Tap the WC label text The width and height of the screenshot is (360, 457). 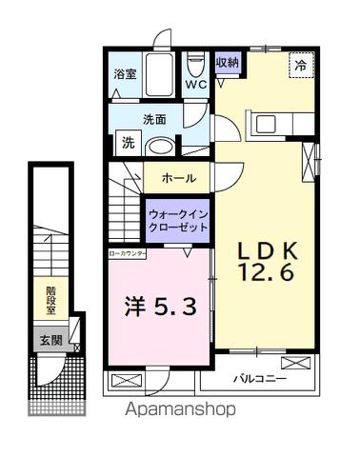196,84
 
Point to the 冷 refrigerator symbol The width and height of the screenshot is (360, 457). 300,67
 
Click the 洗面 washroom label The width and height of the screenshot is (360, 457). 155,120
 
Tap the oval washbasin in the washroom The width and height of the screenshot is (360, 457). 162,147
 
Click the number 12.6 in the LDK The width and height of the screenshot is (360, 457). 267,271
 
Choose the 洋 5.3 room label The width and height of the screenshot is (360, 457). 159,307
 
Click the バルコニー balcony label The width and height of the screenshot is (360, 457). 261,380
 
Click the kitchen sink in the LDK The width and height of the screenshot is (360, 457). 262,124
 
